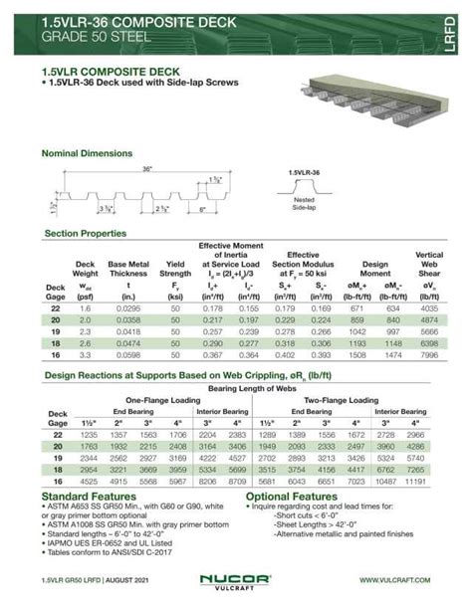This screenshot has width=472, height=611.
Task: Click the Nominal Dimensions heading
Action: pyautogui.click(x=88, y=153)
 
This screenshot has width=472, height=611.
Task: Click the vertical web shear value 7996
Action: pyautogui.click(x=429, y=353)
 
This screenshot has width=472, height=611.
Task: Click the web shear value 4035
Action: pyautogui.click(x=429, y=309)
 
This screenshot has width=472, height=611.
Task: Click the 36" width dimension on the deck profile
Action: pyautogui.click(x=147, y=170)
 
